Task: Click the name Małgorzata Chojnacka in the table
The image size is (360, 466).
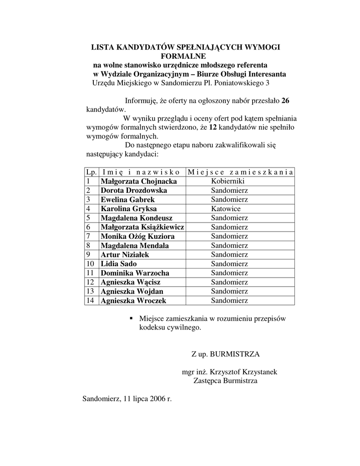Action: pos(139,181)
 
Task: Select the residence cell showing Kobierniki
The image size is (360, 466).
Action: pos(229,181)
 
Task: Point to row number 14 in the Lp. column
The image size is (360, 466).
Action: pos(90,300)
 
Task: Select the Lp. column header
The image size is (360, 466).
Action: pos(91,172)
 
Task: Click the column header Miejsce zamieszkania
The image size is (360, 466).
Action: pos(240,172)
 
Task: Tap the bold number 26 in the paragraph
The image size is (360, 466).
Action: pos(285,101)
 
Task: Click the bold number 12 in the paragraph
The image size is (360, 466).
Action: pos(213,127)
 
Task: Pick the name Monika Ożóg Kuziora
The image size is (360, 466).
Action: pos(137,236)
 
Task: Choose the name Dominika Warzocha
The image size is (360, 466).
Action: pos(135,273)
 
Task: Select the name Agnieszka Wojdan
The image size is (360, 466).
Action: pos(132,291)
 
